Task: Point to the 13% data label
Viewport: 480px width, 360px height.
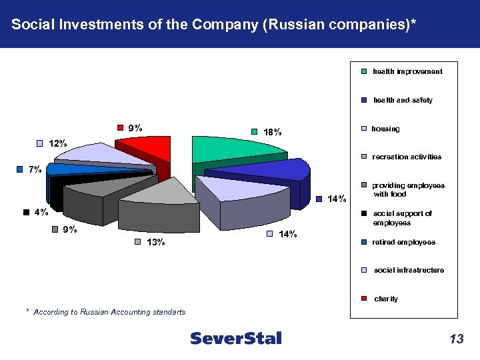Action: click(x=156, y=242)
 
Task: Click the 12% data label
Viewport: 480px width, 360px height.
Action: click(x=57, y=143)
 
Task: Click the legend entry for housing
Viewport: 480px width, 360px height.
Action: click(x=386, y=129)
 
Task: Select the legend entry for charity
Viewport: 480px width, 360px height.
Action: click(x=386, y=299)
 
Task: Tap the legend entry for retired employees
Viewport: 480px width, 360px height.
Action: click(x=403, y=242)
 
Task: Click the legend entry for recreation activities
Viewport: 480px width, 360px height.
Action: click(x=406, y=157)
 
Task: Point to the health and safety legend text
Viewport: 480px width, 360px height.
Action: click(x=403, y=100)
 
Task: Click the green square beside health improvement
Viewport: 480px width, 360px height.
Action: click(x=364, y=72)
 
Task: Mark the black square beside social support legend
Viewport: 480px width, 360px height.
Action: click(x=364, y=214)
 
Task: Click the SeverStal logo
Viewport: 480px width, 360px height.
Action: click(x=236, y=339)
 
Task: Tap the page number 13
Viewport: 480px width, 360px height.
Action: click(x=456, y=339)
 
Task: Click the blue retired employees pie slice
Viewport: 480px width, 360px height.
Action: click(x=67, y=169)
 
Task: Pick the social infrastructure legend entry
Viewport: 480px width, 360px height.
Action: click(x=409, y=270)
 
